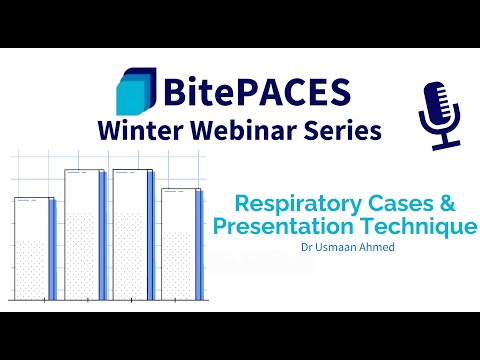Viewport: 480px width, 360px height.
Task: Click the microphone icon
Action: click(437, 113)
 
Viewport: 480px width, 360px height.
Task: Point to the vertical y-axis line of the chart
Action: click(10, 230)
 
